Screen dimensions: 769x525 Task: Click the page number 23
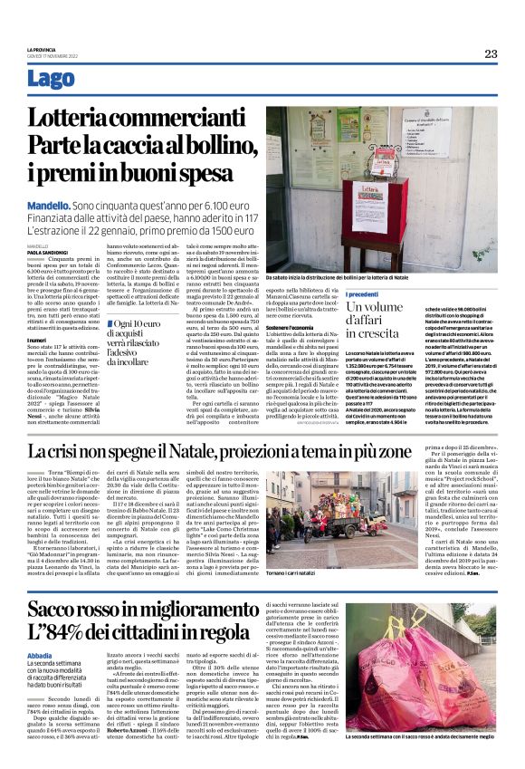pyautogui.click(x=490, y=53)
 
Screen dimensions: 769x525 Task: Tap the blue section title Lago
pyautogui.click(x=76, y=79)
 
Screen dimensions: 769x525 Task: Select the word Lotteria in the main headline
pyautogui.click(x=82, y=119)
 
